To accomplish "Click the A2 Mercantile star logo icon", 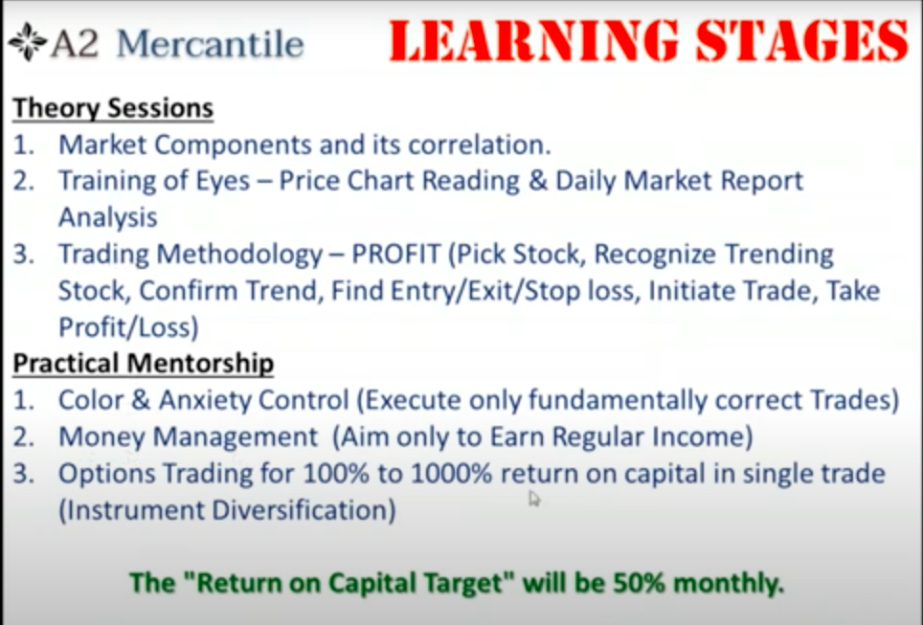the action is [x=28, y=42].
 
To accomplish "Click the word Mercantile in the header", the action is [x=210, y=44].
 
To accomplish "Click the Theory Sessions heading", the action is [x=113, y=108].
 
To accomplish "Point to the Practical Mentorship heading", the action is [x=143, y=363].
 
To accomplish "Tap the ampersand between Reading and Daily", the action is [x=537, y=181].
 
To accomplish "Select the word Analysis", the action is [x=108, y=218].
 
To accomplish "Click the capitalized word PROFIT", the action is [x=396, y=255].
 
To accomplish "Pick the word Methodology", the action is [x=239, y=256].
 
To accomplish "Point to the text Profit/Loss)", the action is [x=128, y=327].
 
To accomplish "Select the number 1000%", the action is [x=451, y=474].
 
